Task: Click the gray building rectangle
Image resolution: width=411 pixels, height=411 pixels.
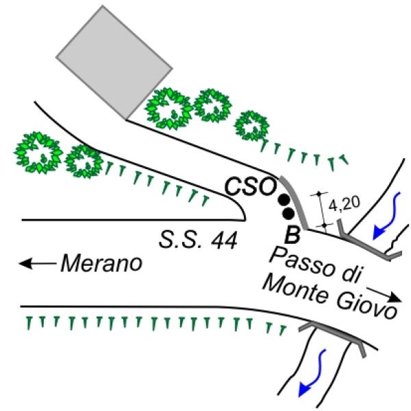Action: [x=114, y=63]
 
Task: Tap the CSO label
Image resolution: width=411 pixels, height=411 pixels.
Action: [x=251, y=186]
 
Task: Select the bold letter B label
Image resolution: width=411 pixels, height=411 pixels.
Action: [x=292, y=234]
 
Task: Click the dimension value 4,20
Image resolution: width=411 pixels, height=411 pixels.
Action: [x=344, y=204]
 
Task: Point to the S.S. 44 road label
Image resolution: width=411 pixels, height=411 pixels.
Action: [x=198, y=240]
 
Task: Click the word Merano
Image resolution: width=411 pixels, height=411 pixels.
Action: [x=101, y=263]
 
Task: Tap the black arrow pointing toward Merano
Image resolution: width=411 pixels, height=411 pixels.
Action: [x=38, y=264]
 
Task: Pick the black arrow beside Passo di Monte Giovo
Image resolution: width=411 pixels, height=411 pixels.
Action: [x=384, y=295]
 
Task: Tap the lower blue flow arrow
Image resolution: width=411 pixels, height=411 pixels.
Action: [x=312, y=373]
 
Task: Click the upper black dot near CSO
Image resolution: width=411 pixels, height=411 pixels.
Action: [x=284, y=200]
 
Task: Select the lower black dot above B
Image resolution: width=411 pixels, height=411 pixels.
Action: [x=288, y=213]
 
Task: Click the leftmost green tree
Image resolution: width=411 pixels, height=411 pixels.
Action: [x=38, y=153]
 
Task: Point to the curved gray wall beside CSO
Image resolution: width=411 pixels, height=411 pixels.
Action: [x=294, y=202]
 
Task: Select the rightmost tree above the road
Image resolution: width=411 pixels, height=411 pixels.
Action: [x=251, y=126]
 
